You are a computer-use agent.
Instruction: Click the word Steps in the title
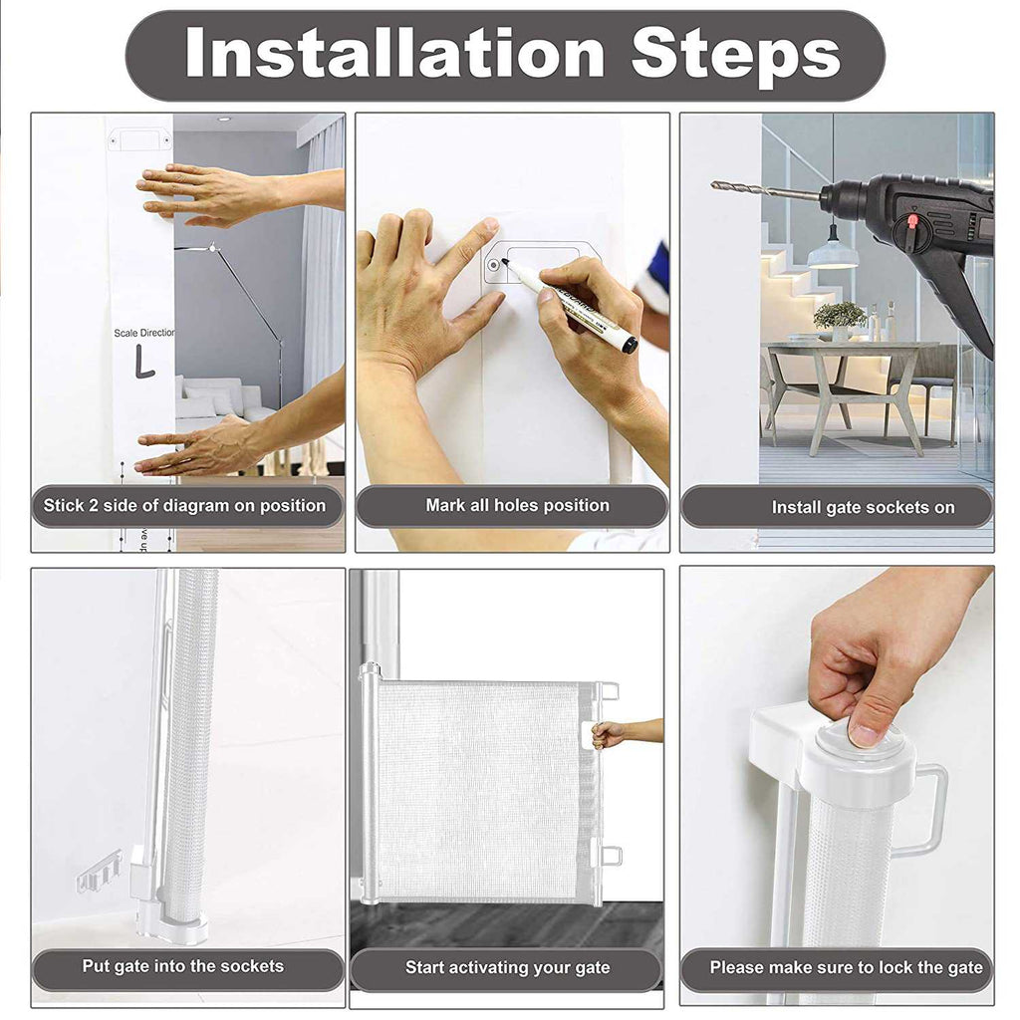pyautogui.click(x=735, y=56)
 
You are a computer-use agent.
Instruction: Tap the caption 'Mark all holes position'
pyautogui.click(x=517, y=505)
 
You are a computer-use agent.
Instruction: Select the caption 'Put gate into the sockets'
pyautogui.click(x=183, y=966)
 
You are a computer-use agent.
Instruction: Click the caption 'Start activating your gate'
pyautogui.click(x=507, y=968)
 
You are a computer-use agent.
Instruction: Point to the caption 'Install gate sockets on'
pyautogui.click(x=864, y=507)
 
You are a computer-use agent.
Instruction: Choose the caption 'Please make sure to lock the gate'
pyautogui.click(x=846, y=967)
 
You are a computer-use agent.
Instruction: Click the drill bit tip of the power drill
pyautogui.click(x=713, y=185)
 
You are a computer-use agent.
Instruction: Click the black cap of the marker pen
pyautogui.click(x=630, y=344)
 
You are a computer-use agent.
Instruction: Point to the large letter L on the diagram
pyautogui.click(x=144, y=361)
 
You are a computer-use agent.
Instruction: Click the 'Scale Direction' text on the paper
pyautogui.click(x=144, y=333)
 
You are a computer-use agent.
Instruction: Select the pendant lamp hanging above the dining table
pyautogui.click(x=833, y=254)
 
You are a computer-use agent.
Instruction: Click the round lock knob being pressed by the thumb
pyautogui.click(x=861, y=741)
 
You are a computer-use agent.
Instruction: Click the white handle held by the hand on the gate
pyautogui.click(x=592, y=735)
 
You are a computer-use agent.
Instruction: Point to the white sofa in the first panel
pyautogui.click(x=218, y=401)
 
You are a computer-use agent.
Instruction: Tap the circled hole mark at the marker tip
pyautogui.click(x=494, y=265)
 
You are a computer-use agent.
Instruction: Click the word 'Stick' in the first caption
pyautogui.click(x=62, y=505)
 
